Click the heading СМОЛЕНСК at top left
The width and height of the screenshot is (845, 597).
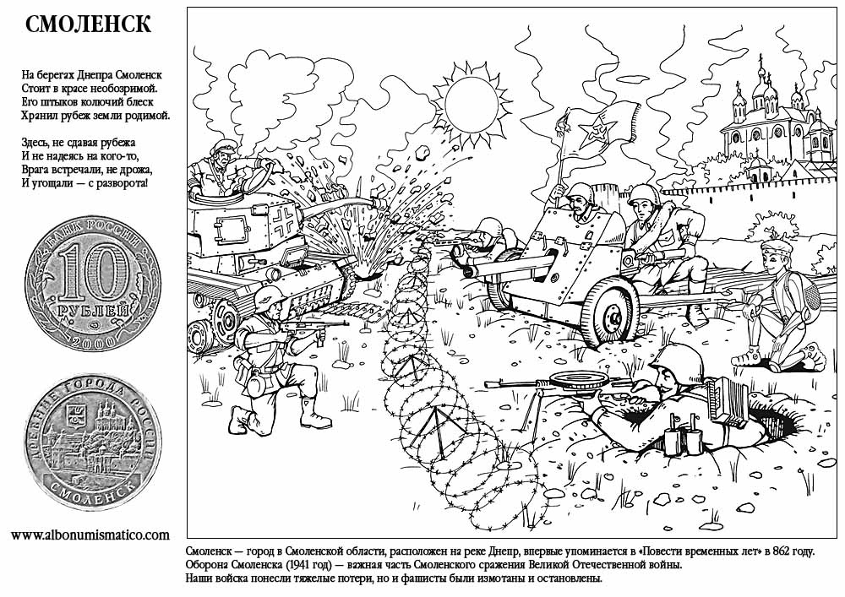(x=88, y=24)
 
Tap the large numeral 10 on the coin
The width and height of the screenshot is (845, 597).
(x=93, y=273)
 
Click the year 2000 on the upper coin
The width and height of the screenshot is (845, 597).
(x=93, y=341)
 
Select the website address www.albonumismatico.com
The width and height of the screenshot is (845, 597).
(x=90, y=535)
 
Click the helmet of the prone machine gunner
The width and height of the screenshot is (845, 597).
(x=677, y=358)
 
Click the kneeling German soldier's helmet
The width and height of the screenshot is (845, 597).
(x=270, y=296)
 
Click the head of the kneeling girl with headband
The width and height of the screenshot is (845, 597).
(x=776, y=255)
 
